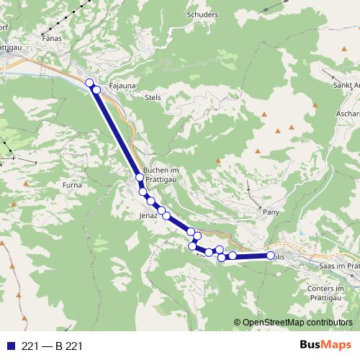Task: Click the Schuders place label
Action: coord(202,14)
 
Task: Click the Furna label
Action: coord(73,185)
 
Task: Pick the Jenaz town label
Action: coord(148,215)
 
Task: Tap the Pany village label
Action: coord(271,212)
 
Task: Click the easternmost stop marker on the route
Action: coord(271,256)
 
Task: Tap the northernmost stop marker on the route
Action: coord(90,83)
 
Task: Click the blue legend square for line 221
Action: coord(10,346)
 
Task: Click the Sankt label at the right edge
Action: coord(346,85)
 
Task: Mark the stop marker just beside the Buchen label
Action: coord(139,177)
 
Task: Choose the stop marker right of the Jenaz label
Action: coord(166,215)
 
